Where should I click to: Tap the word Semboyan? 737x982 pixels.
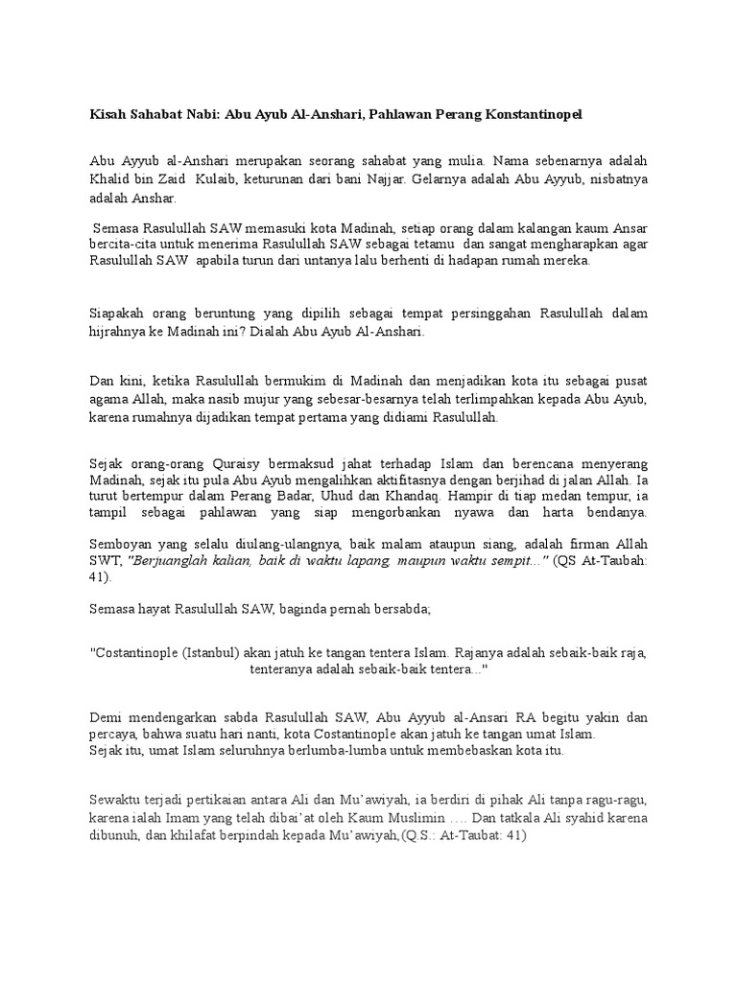click(122, 544)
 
